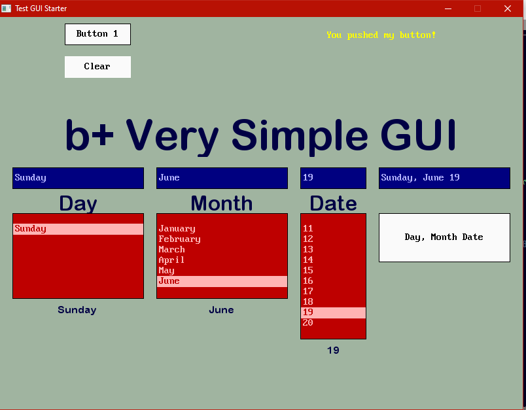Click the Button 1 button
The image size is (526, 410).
coord(97,34)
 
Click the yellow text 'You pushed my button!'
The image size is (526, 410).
coord(381,35)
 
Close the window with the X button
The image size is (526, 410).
coord(508,9)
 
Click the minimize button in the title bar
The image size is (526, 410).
coord(448,9)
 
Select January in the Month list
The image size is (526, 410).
coord(177,229)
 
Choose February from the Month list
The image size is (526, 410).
coord(179,239)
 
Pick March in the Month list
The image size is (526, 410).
coord(171,249)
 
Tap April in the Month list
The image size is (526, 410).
coord(171,260)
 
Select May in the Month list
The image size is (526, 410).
coord(166,271)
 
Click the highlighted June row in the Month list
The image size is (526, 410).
coord(222,281)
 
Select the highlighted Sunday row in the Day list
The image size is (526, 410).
coord(78,229)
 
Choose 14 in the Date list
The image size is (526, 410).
coord(308,260)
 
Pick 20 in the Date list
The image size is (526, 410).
coord(308,323)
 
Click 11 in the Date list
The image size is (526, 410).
coord(308,229)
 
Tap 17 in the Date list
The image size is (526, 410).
coord(308,292)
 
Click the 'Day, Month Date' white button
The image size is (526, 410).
coord(444,237)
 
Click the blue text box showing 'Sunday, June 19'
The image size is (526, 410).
coord(444,178)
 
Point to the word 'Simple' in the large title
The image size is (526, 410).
coord(300,137)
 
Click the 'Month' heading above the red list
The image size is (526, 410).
coord(222,203)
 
